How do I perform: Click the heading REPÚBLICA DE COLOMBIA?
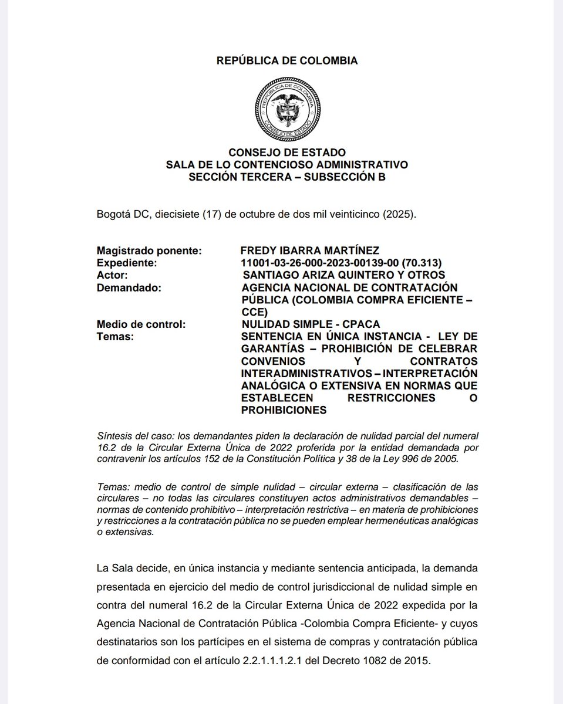[x=287, y=60]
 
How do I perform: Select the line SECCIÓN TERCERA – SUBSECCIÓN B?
[x=287, y=177]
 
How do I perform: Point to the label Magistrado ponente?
[x=149, y=251]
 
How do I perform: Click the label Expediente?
[x=127, y=263]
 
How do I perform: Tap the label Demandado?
[x=128, y=287]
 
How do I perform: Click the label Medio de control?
[x=141, y=324]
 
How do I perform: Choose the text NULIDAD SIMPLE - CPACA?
[x=311, y=324]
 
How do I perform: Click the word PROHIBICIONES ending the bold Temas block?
[x=284, y=410]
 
